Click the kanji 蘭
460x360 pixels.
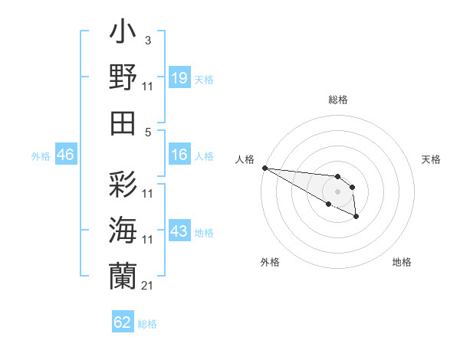click(x=123, y=275)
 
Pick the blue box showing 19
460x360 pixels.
click(x=179, y=78)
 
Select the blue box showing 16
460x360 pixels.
click(x=179, y=155)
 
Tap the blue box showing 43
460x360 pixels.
click(x=179, y=231)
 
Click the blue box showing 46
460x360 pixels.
click(x=65, y=155)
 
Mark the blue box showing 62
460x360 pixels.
click(x=123, y=322)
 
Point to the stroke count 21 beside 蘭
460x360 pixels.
click(x=147, y=286)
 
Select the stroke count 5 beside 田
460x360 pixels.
click(x=149, y=131)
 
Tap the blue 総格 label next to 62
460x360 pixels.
click(x=147, y=324)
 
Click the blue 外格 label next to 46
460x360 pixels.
click(x=41, y=156)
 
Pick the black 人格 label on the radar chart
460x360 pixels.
click(x=245, y=159)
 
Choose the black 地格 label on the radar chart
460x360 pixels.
click(x=402, y=262)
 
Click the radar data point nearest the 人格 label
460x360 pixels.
click(x=264, y=168)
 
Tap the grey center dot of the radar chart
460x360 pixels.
click(x=337, y=191)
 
